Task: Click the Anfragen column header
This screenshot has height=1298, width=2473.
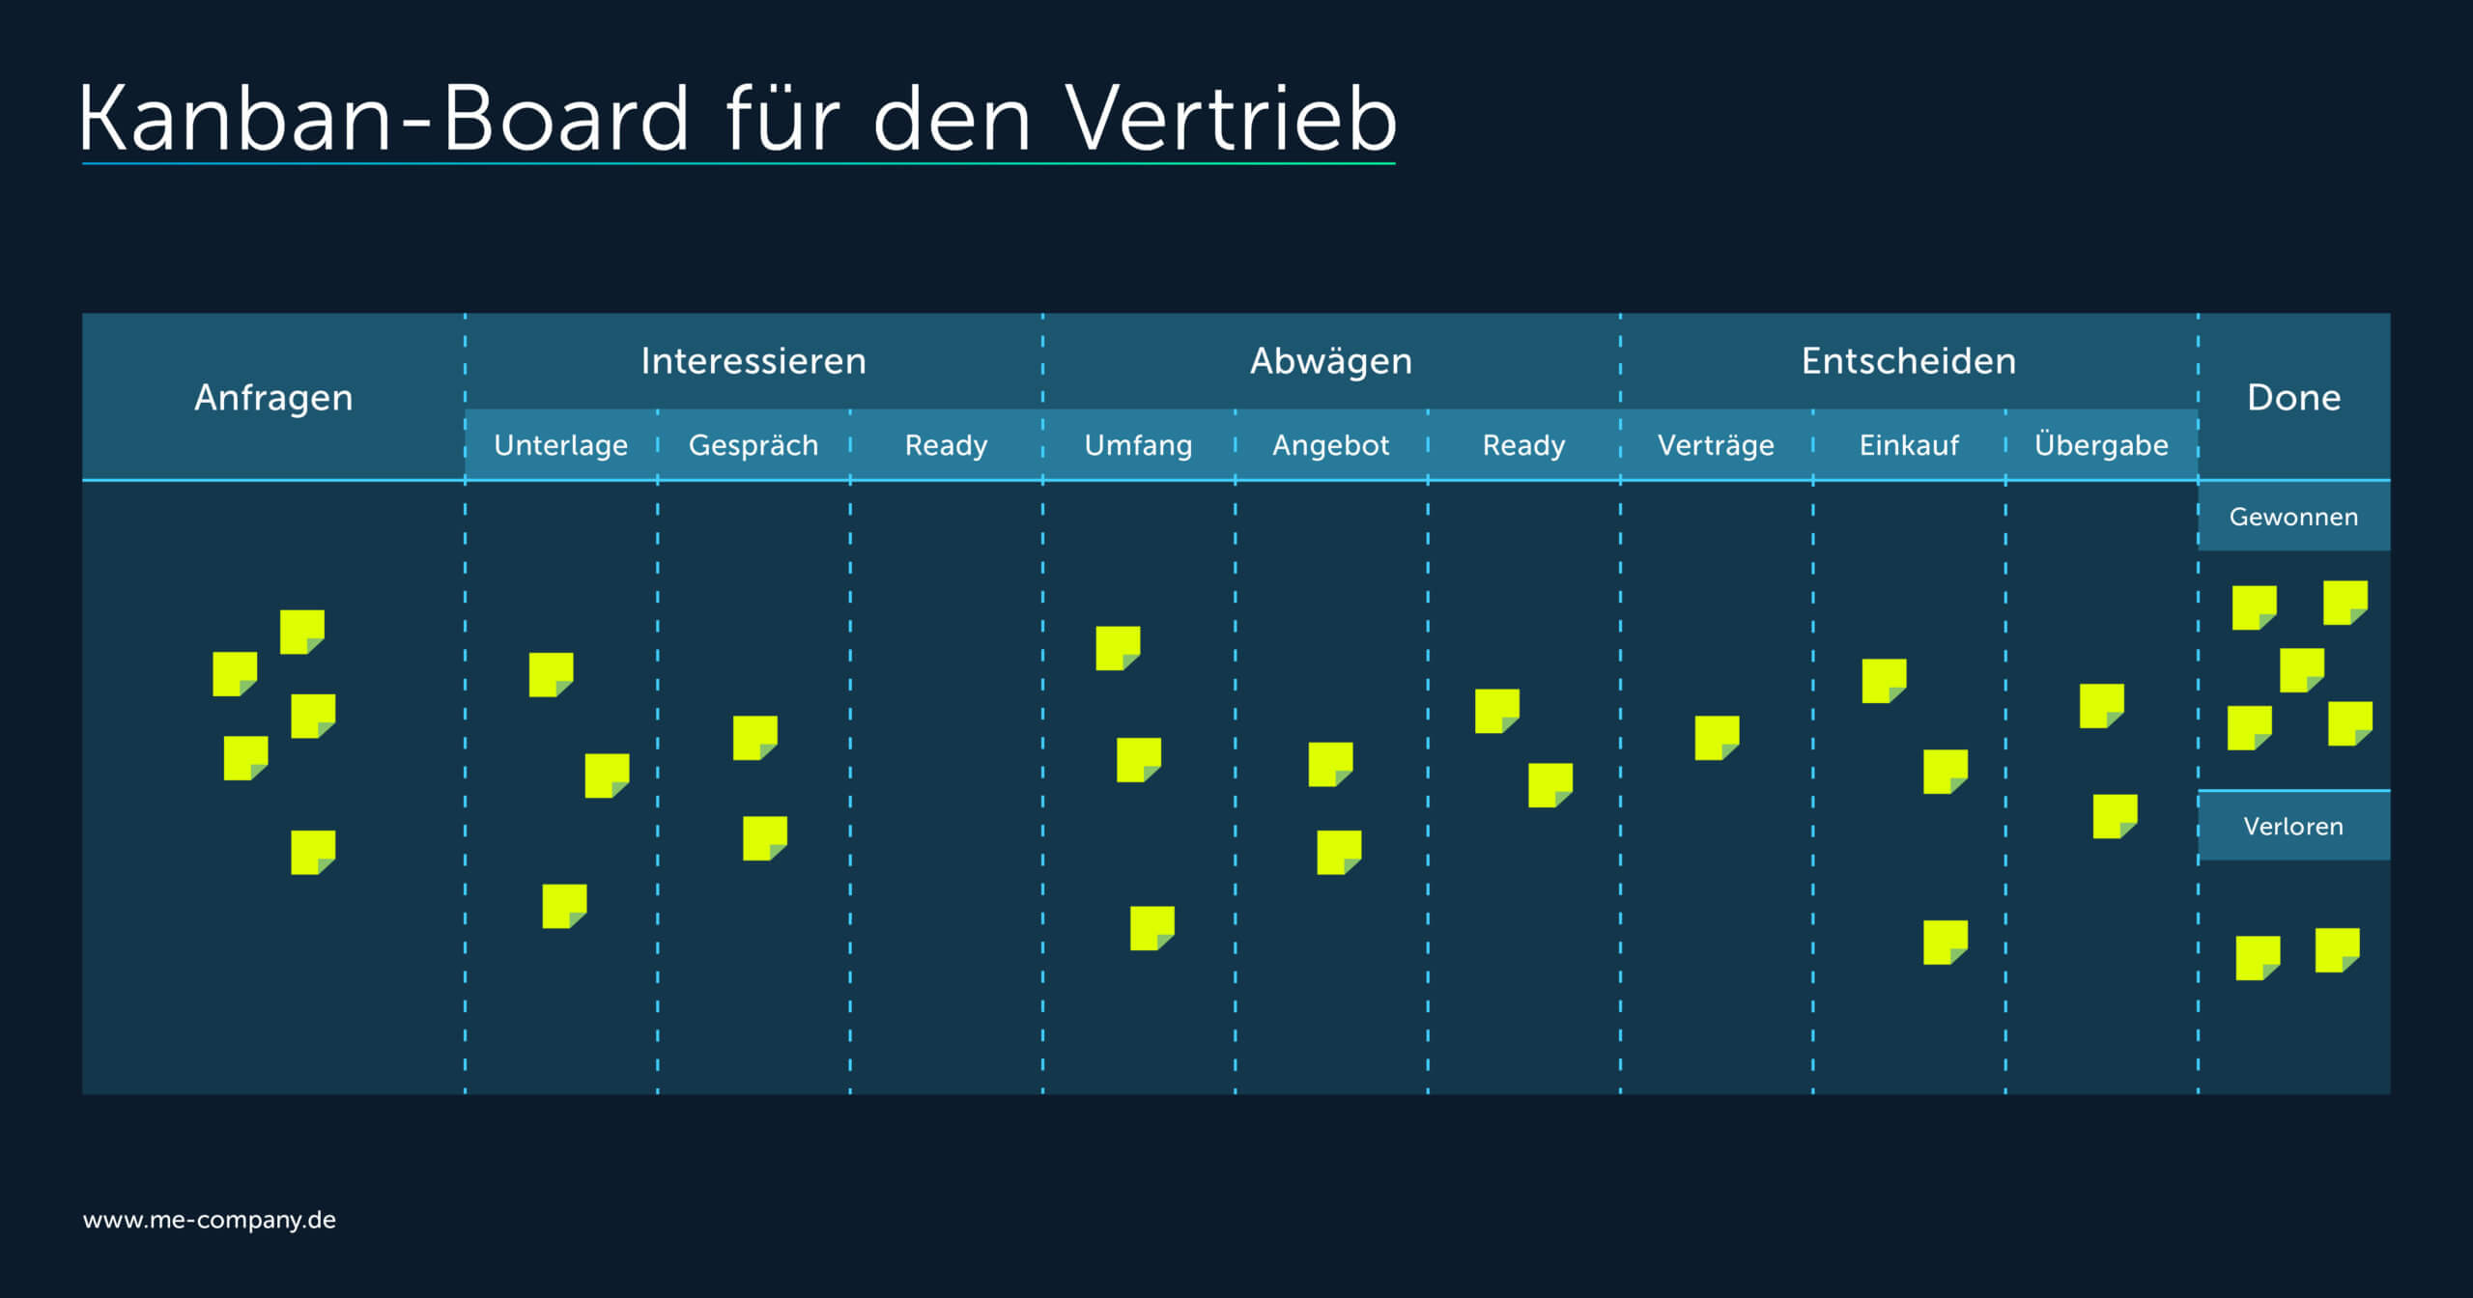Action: pyautogui.click(x=273, y=398)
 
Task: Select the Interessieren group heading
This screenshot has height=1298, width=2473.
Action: pyautogui.click(x=753, y=361)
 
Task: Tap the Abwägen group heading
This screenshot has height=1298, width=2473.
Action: pyautogui.click(x=1331, y=361)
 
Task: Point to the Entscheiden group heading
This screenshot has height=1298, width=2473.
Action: pyautogui.click(x=1909, y=361)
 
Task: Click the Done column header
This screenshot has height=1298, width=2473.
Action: pyautogui.click(x=2294, y=398)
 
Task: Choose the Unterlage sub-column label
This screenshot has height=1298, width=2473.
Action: pyautogui.click(x=561, y=445)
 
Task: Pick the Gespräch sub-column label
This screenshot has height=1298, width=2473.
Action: pyautogui.click(x=753, y=445)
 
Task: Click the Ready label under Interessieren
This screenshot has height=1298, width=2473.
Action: pyautogui.click(x=946, y=445)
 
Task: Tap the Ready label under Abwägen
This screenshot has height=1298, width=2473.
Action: pyautogui.click(x=1523, y=445)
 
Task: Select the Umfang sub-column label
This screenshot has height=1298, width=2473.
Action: pyautogui.click(x=1138, y=445)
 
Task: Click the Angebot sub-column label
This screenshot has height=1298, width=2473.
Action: pyautogui.click(x=1331, y=445)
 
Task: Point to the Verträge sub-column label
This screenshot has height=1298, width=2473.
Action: pyautogui.click(x=1716, y=445)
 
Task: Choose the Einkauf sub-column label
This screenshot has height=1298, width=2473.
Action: pyautogui.click(x=1909, y=445)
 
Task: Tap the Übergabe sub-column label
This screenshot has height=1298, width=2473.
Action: pyautogui.click(x=2101, y=444)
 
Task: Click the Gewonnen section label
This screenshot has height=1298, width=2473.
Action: pyautogui.click(x=2293, y=517)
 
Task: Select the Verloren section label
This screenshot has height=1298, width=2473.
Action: pyautogui.click(x=2293, y=827)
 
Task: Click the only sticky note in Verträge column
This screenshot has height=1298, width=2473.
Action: pyautogui.click(x=1717, y=738)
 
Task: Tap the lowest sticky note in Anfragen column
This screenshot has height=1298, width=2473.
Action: pyautogui.click(x=313, y=853)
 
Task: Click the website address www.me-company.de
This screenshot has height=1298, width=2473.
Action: pyautogui.click(x=210, y=1220)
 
